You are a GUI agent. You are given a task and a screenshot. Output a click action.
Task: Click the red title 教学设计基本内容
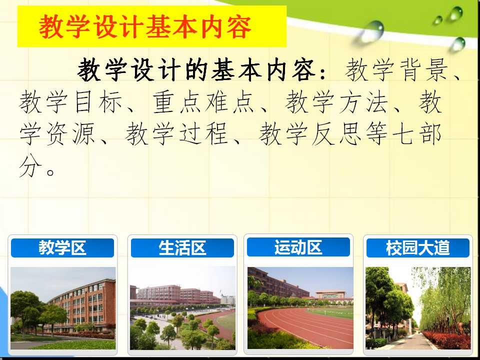pyautogui.click(x=145, y=27)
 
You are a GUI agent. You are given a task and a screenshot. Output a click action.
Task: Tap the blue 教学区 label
pyautogui.click(x=62, y=247)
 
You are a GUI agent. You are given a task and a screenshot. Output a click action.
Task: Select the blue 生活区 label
pyautogui.click(x=182, y=247)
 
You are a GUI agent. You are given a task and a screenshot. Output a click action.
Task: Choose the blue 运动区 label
pyautogui.click(x=298, y=247)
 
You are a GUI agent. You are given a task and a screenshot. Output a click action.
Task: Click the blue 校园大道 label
pyautogui.click(x=417, y=247)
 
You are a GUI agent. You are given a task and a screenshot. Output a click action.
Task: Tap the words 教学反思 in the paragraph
pyautogui.click(x=310, y=134)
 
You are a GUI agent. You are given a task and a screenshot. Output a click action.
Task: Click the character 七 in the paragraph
pyautogui.click(x=403, y=134)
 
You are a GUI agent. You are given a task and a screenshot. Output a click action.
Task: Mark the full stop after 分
pyautogui.click(x=51, y=171)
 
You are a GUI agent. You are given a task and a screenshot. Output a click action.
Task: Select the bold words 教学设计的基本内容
pyautogui.click(x=196, y=70)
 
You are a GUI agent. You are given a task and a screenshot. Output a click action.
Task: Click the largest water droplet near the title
pyautogui.click(x=371, y=31)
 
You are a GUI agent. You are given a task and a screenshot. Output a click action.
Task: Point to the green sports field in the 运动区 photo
pyautogui.click(x=333, y=312)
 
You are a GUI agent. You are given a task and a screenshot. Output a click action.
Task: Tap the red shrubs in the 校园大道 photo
pyautogui.click(x=447, y=340)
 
